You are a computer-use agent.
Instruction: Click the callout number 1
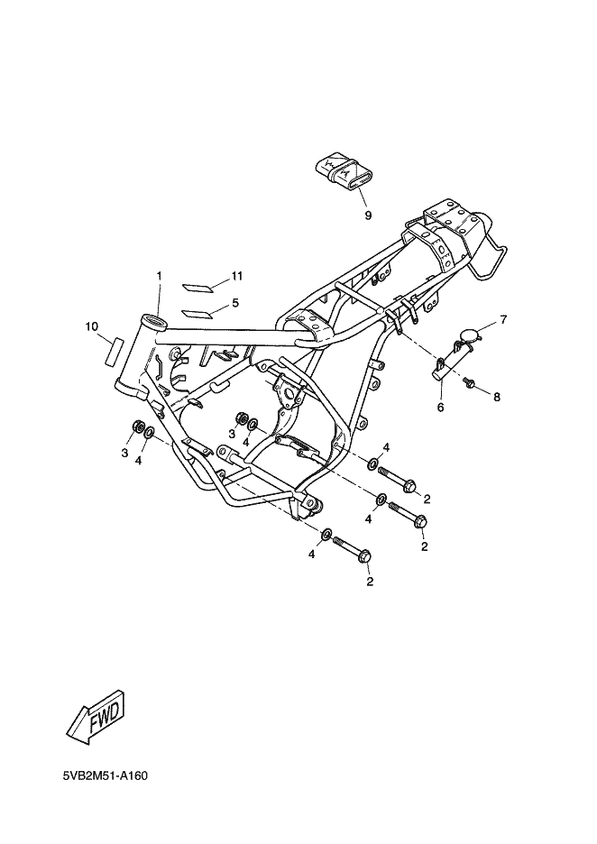coord(159,276)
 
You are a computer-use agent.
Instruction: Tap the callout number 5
coord(235,303)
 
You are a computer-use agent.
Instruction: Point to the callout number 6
coord(440,408)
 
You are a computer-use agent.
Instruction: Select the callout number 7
coord(503,320)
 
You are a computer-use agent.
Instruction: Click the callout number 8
coord(496,398)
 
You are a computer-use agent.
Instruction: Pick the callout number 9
coord(368,216)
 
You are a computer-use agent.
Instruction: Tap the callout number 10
coord(91,326)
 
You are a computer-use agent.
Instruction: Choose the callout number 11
coord(237,276)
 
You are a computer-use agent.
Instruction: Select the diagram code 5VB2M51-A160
coord(106,775)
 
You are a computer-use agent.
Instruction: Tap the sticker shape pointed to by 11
coord(197,287)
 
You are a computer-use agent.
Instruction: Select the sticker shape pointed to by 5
coord(197,313)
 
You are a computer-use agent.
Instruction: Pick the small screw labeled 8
coord(468,382)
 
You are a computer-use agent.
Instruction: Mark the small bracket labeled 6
coord(451,362)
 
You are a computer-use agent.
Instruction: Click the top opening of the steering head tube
coord(154,321)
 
